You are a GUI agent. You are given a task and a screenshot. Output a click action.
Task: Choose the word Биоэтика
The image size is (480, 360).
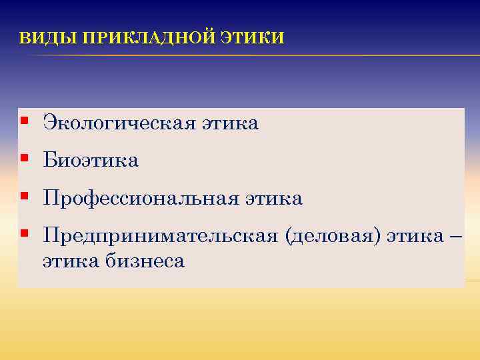coord(91,161)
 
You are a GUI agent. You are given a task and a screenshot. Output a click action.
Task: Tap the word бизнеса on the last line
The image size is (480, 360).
coord(145,261)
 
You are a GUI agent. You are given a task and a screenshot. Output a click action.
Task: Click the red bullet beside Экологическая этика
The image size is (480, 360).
coord(24,121)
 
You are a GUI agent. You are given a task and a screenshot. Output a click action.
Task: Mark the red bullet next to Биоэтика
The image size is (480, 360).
coord(24,159)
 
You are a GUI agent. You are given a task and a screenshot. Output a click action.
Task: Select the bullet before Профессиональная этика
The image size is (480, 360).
coord(24,197)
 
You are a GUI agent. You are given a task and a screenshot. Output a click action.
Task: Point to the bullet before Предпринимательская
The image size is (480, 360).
coord(24,234)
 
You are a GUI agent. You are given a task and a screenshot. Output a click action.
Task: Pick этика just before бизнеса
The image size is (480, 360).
coord(71,261)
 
